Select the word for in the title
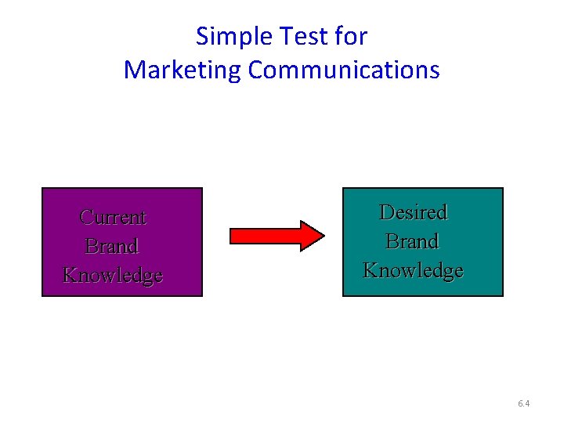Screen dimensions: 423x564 (352, 36)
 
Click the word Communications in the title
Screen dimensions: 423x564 (344, 70)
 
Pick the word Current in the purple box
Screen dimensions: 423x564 (114, 217)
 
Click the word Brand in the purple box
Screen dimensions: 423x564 (112, 246)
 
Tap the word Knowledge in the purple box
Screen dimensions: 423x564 (113, 275)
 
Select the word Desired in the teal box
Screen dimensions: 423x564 (413, 212)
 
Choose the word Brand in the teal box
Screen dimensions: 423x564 (413, 241)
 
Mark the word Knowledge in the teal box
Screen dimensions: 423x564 (413, 270)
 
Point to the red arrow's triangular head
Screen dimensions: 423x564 (313, 235)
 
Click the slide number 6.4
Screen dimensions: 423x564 (524, 404)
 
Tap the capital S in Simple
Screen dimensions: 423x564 (202, 37)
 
